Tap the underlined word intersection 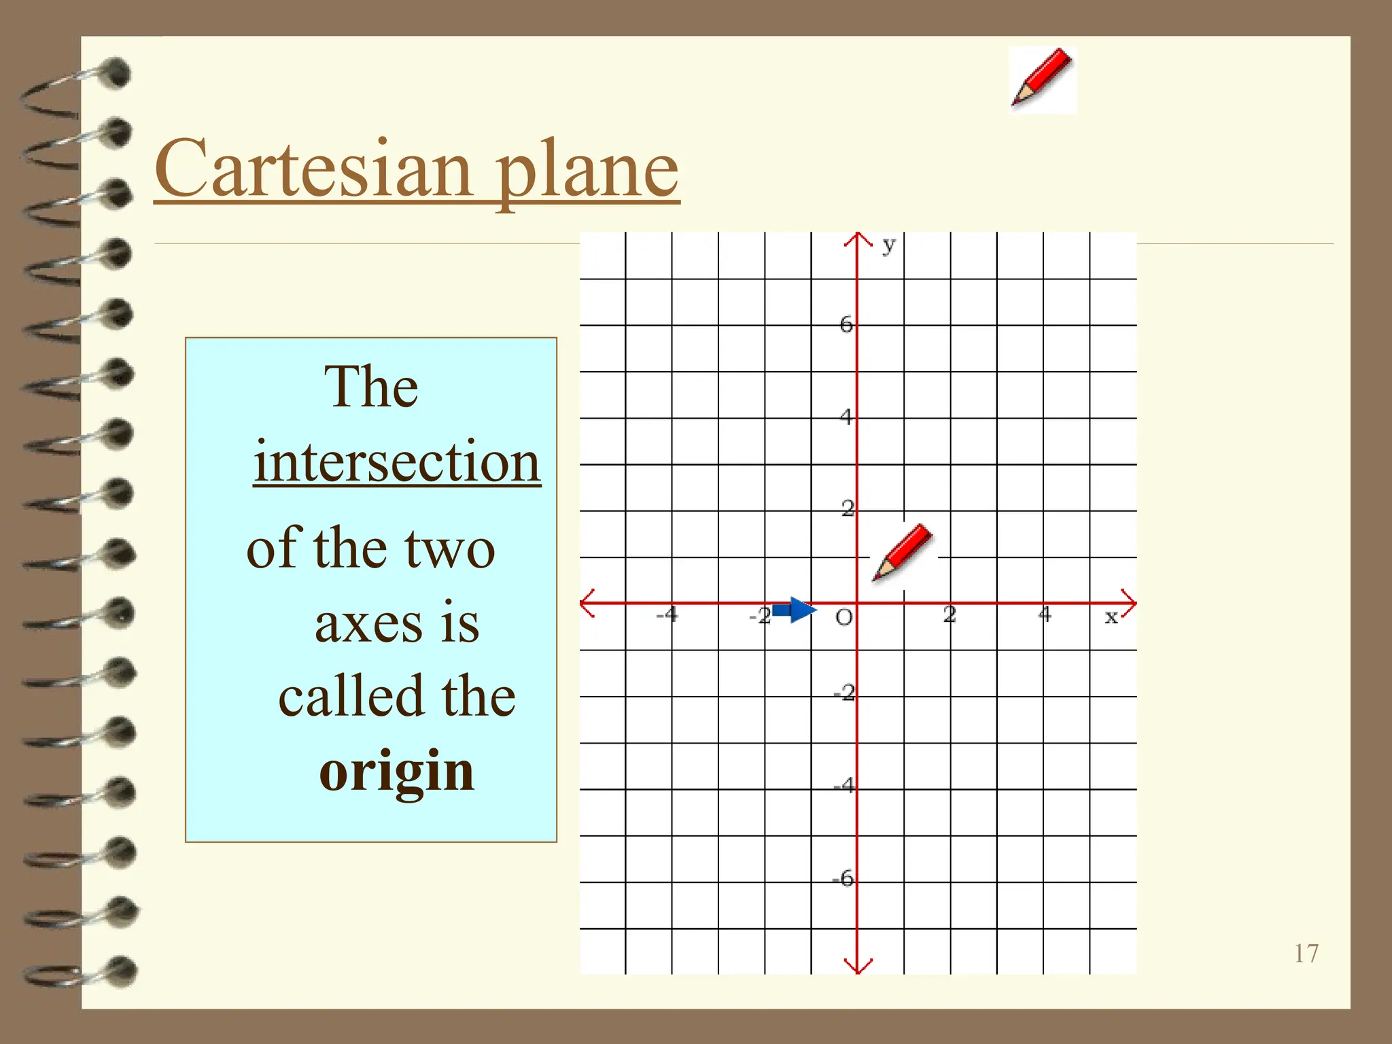(397, 462)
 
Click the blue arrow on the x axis (794, 610)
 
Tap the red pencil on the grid (903, 553)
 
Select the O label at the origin (843, 617)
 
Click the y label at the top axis (888, 245)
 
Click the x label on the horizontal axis (1111, 617)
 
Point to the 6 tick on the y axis (846, 324)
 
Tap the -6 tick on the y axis (843, 878)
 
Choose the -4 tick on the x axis (667, 615)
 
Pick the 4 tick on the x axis (1045, 614)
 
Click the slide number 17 (1306, 953)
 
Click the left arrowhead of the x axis (587, 603)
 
